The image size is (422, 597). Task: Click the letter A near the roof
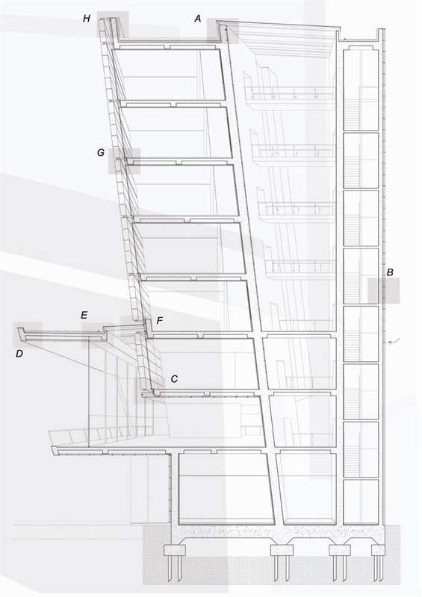[x=197, y=19]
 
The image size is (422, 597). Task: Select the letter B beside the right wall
[x=390, y=272]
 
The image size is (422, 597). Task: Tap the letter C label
[x=174, y=379]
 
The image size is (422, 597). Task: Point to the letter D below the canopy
[x=19, y=354]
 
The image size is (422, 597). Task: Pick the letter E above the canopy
[x=84, y=315]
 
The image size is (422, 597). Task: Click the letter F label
[x=160, y=321]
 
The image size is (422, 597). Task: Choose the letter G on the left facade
[x=101, y=153]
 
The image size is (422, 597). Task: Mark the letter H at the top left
[x=87, y=19]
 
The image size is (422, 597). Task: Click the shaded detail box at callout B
[x=384, y=290]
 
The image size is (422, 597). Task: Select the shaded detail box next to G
[x=125, y=161]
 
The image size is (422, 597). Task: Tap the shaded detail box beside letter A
[x=223, y=31]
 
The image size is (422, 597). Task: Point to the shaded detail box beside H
[x=113, y=25]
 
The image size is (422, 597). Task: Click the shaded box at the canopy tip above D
[x=28, y=334]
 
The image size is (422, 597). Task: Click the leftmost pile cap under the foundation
[x=175, y=550]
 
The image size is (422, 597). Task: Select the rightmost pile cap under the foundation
[x=378, y=550]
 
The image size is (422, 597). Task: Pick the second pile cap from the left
[x=282, y=550]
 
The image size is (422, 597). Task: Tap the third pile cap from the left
[x=340, y=550]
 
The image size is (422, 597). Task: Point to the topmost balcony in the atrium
[x=290, y=93]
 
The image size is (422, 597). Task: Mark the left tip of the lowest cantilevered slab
[x=52, y=448]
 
